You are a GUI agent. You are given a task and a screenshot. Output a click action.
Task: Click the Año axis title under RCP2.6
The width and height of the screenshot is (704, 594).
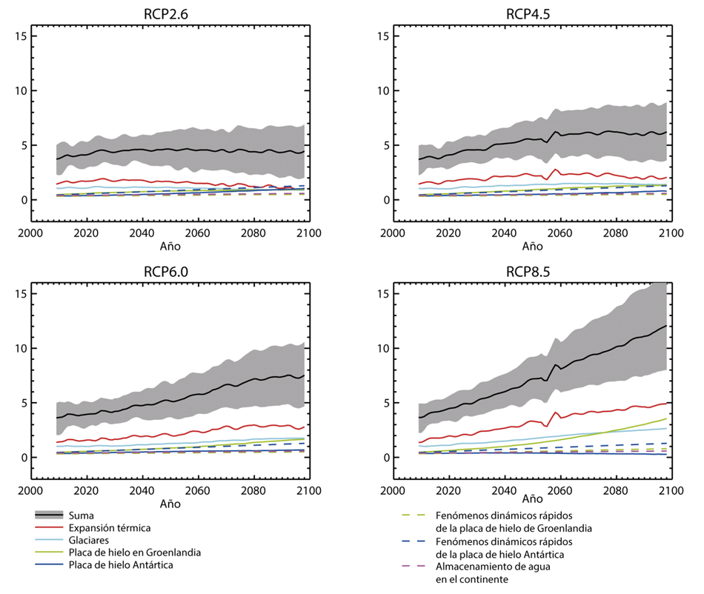pos(168,246)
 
